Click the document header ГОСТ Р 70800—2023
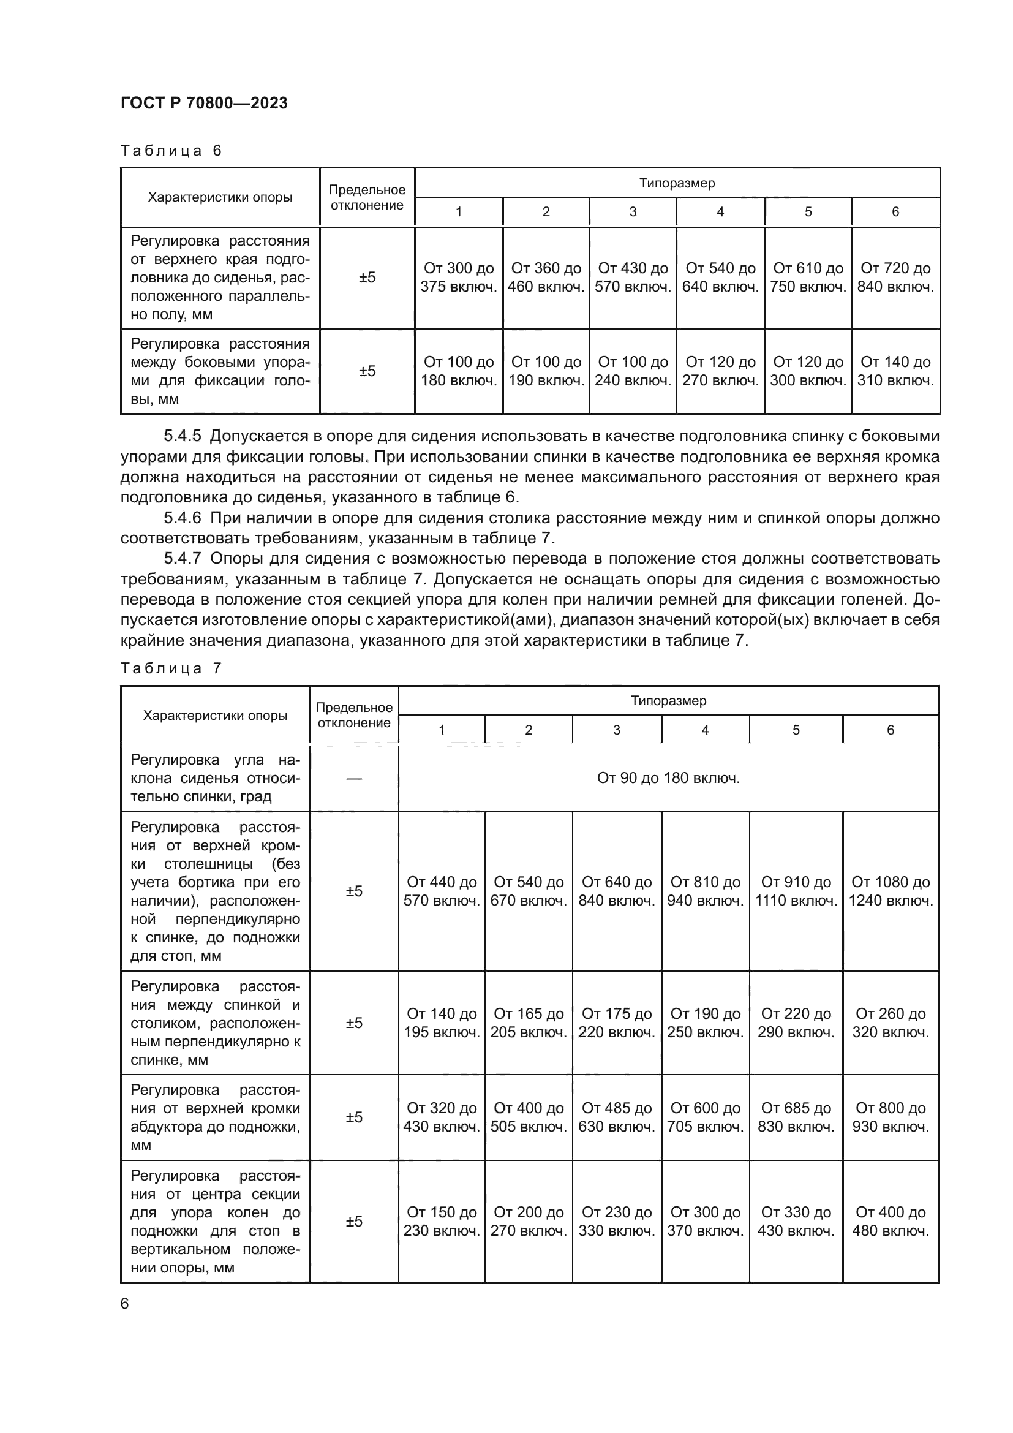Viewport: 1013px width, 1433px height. click(x=204, y=103)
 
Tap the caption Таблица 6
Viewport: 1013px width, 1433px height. click(x=171, y=151)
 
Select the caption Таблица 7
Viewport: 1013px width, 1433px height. click(x=171, y=668)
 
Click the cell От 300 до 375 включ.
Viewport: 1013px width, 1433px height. click(x=459, y=278)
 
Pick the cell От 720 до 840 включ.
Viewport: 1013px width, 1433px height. click(x=895, y=278)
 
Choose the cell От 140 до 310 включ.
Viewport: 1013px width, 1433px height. click(x=895, y=371)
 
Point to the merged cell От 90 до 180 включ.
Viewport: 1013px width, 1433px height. click(x=668, y=778)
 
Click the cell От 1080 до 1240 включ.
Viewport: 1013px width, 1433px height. click(x=890, y=891)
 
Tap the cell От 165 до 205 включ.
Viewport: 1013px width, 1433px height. click(x=529, y=1023)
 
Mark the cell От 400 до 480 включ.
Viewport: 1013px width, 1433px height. click(x=890, y=1222)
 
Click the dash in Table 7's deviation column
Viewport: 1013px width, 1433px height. click(x=353, y=779)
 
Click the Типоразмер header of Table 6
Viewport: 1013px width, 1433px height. click(x=677, y=184)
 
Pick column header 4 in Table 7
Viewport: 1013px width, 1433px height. click(x=705, y=730)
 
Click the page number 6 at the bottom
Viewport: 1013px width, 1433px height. click(x=125, y=1304)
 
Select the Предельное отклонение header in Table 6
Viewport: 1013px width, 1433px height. click(x=367, y=197)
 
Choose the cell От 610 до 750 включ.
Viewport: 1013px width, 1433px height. click(x=808, y=278)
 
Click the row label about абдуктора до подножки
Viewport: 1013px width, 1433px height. click(x=215, y=1117)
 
